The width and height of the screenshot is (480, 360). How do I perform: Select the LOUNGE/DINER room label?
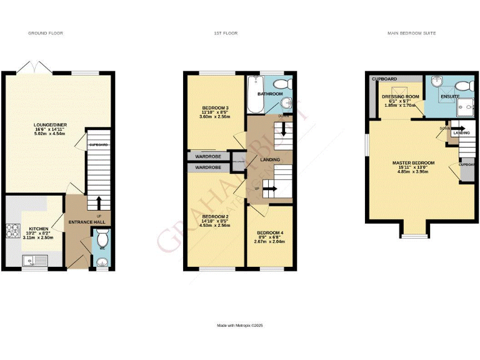(x=51, y=125)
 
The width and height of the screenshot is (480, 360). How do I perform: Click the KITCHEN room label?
(x=34, y=229)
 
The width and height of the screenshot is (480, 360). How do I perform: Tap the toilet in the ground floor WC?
(x=103, y=239)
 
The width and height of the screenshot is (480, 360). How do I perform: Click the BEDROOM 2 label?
(x=215, y=216)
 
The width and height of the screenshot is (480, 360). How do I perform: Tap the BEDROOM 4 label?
(x=270, y=233)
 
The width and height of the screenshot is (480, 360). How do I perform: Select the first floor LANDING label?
(x=269, y=160)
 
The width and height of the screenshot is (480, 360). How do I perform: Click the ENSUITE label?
(x=450, y=97)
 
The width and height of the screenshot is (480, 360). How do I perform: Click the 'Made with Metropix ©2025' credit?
(x=240, y=326)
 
